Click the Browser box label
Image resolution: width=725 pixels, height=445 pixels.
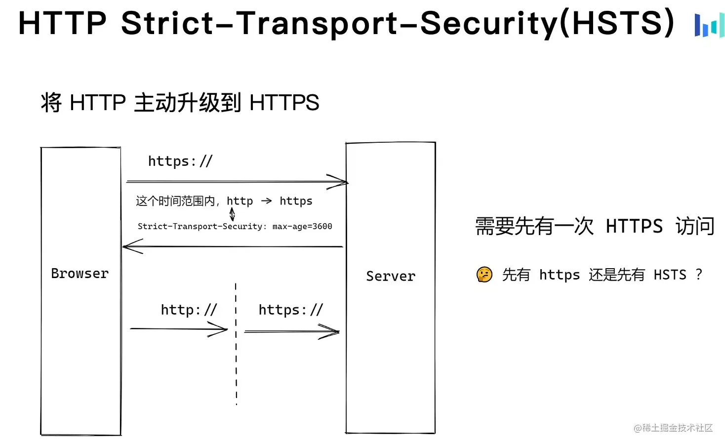click(x=80, y=274)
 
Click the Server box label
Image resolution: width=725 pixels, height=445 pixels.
click(x=390, y=276)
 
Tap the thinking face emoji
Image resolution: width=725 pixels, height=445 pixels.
click(x=484, y=274)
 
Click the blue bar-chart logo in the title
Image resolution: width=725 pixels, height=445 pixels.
click(x=709, y=25)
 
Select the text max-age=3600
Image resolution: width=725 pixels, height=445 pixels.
click(x=302, y=226)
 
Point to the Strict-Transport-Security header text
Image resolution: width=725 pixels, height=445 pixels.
click(x=201, y=226)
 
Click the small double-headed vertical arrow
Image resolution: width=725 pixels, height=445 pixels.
click(x=232, y=214)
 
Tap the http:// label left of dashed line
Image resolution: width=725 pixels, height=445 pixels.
click(x=189, y=310)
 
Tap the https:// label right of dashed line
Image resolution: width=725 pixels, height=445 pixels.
click(x=290, y=310)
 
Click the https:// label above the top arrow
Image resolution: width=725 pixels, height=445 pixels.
click(x=180, y=161)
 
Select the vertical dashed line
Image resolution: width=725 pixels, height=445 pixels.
click(x=236, y=346)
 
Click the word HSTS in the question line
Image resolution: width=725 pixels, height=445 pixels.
click(x=670, y=275)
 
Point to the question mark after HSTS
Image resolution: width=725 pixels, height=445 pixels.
click(x=698, y=274)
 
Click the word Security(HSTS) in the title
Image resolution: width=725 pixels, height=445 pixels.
click(x=547, y=23)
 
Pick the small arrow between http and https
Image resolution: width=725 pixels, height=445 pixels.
click(x=266, y=201)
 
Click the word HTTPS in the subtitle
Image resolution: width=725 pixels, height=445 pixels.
click(x=284, y=103)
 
